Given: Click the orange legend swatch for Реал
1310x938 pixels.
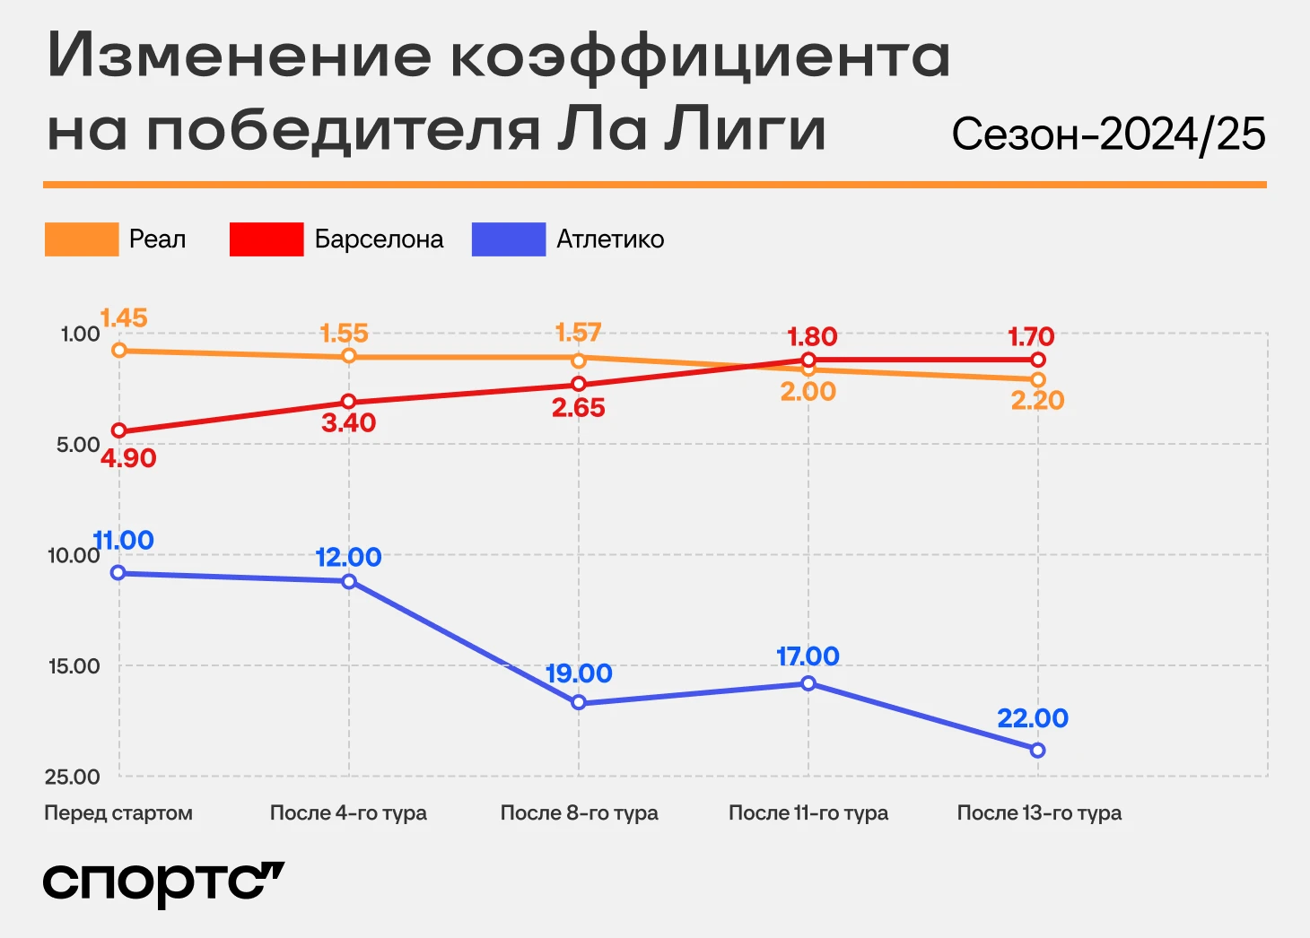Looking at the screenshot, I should click(x=82, y=239).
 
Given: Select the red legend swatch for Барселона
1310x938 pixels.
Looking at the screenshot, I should click(x=266, y=239).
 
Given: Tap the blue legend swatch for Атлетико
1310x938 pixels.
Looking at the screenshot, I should click(x=509, y=239).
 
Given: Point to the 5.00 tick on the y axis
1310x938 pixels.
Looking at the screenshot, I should click(x=78, y=445).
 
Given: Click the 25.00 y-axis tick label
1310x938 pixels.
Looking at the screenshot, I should click(x=73, y=777).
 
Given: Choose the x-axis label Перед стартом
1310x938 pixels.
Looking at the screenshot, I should click(x=118, y=813).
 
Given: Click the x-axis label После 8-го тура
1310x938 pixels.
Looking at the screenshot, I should click(x=579, y=813).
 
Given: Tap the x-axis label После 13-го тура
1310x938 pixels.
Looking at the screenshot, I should click(x=1039, y=813).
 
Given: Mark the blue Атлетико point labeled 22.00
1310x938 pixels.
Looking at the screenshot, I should click(x=1037, y=751).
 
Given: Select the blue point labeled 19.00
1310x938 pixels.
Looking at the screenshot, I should click(x=579, y=703).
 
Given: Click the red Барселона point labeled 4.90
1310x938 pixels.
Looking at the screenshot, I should click(x=118, y=431).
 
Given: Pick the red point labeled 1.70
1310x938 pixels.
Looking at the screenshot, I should click(x=1038, y=360).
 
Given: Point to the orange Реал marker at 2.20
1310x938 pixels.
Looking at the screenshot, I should click(x=1038, y=380).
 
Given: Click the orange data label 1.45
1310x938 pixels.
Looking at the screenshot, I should click(x=124, y=318).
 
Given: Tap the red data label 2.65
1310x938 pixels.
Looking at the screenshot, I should click(x=579, y=408).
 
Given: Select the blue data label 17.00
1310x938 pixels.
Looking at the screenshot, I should click(x=808, y=656).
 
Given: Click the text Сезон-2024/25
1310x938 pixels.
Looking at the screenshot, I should click(x=1108, y=135).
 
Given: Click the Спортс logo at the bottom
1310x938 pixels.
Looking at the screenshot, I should click(x=163, y=883).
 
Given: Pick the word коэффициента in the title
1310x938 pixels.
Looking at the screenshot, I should click(x=699, y=56).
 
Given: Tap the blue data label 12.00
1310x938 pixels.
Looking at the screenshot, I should click(x=348, y=557).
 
